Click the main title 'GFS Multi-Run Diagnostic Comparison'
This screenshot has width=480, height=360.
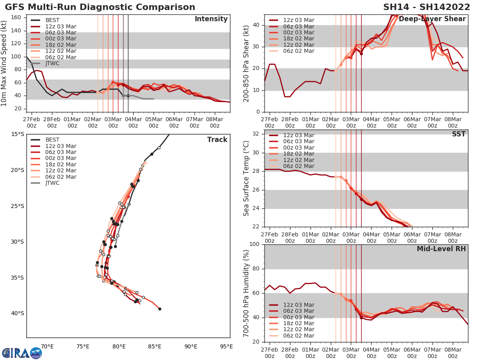(100, 7)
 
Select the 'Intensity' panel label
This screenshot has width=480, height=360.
(211, 19)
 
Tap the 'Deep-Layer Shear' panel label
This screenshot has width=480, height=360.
(432, 19)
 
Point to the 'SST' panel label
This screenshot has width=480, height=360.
(458, 134)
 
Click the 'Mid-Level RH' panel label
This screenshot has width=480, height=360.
(441, 249)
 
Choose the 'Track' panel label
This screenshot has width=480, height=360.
(217, 140)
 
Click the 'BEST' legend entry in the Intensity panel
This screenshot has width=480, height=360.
(52, 20)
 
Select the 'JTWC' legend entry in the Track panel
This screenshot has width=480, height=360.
(52, 183)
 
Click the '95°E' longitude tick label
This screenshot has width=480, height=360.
(226, 346)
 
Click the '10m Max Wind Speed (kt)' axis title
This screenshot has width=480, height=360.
(4, 63)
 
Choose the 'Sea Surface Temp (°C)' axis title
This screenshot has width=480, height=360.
(246, 178)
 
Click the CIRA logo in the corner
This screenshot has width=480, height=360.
(22, 353)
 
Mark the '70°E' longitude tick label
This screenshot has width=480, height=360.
(48, 346)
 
